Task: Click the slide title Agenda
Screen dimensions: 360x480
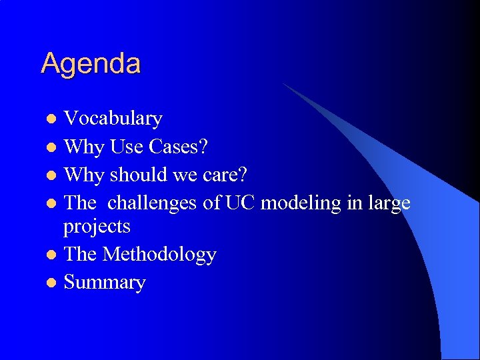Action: tap(91, 64)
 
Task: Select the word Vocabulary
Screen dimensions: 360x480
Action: tap(113, 119)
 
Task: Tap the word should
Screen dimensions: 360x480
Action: tap(139, 175)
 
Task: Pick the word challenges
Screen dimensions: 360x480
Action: tap(153, 203)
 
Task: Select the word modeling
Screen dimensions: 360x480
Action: tap(300, 203)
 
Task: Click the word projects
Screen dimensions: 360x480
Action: tap(97, 227)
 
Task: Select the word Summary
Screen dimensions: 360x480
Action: tap(104, 283)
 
